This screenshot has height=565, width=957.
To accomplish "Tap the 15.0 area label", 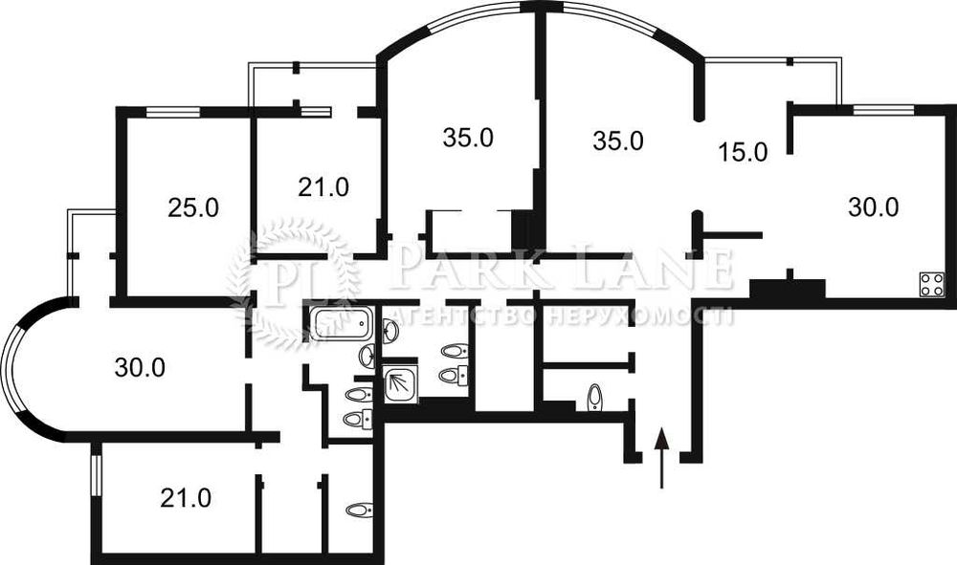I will click(x=743, y=151).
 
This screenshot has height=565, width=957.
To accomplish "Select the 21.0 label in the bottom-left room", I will click(x=186, y=497).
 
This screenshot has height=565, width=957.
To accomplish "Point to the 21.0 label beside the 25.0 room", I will click(x=323, y=187).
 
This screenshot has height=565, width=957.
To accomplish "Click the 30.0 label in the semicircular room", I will click(x=140, y=367).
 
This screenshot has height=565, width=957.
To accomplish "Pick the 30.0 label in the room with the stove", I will click(x=873, y=206).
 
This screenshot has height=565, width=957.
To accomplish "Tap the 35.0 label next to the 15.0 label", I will click(x=616, y=141).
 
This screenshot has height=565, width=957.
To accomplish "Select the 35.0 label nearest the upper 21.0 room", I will click(x=468, y=138).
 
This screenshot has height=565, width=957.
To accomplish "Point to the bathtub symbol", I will click(x=340, y=323).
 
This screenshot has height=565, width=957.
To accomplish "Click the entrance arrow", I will click(x=661, y=459).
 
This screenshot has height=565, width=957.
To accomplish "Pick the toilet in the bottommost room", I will click(x=358, y=511).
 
